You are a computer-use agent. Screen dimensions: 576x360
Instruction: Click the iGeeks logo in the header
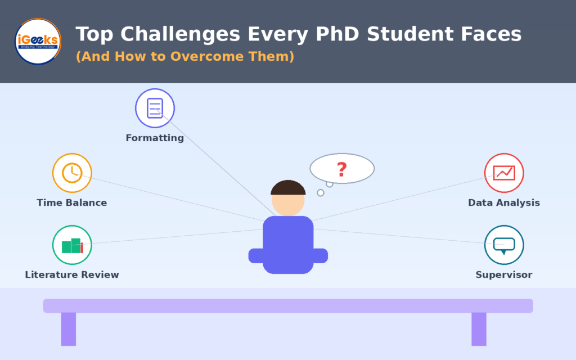pyautogui.click(x=38, y=41)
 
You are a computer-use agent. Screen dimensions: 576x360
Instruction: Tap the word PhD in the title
pyautogui.click(x=337, y=34)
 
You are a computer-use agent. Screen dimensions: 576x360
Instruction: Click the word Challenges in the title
pyautogui.click(x=180, y=34)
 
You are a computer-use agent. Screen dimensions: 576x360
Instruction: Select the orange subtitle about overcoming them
pyautogui.click(x=184, y=56)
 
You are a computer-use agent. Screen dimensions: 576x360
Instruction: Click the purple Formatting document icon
pyautogui.click(x=155, y=108)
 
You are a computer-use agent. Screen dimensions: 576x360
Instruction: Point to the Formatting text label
pyautogui.click(x=155, y=138)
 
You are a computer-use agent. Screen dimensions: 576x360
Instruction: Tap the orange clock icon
pyautogui.click(x=72, y=173)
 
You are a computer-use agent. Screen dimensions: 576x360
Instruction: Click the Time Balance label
pyautogui.click(x=72, y=202)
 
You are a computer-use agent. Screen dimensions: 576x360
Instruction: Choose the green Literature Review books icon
pyautogui.click(x=72, y=245)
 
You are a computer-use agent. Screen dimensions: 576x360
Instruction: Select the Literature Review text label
pyautogui.click(x=72, y=274)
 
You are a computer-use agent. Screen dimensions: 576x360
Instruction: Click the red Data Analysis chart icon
pyautogui.click(x=504, y=173)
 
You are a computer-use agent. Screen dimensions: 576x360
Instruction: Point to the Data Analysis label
pyautogui.click(x=504, y=202)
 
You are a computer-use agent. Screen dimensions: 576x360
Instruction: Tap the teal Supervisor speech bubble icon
pyautogui.click(x=504, y=245)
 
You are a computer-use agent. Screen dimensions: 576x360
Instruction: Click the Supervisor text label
pyautogui.click(x=504, y=274)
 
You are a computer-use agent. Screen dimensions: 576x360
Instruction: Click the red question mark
pyautogui.click(x=342, y=169)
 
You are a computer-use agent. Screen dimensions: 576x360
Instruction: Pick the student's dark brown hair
pyautogui.click(x=288, y=187)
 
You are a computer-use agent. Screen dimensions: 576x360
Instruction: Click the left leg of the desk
pyautogui.click(x=69, y=329)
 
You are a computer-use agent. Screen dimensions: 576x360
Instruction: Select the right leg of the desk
pyautogui.click(x=479, y=329)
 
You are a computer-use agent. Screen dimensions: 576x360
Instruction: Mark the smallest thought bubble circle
pyautogui.click(x=321, y=193)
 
